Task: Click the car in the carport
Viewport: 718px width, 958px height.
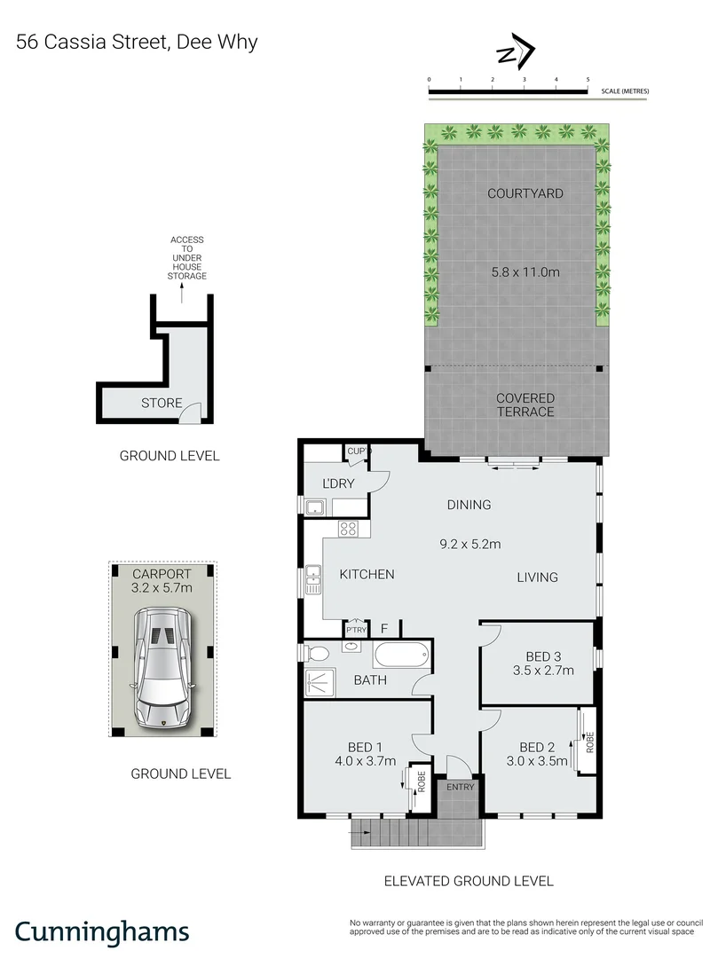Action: (x=162, y=666)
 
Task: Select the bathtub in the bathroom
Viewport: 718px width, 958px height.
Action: (x=401, y=657)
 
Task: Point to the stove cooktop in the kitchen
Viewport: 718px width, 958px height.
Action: (x=348, y=530)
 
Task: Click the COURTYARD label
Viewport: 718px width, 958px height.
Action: (x=525, y=193)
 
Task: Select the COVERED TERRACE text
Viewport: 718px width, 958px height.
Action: (x=525, y=405)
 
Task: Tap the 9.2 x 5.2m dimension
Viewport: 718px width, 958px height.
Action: (x=469, y=543)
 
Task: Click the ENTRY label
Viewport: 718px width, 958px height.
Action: (x=460, y=787)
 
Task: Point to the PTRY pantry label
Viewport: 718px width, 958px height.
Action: (x=357, y=629)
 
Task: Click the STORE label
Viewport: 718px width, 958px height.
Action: (x=162, y=404)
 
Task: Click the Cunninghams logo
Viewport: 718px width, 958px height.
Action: (x=103, y=931)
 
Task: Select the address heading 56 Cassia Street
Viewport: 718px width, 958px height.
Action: (x=137, y=42)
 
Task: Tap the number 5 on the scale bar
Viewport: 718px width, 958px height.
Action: (x=588, y=80)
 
